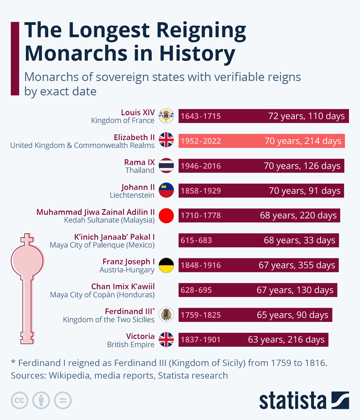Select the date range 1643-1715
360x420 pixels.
201,116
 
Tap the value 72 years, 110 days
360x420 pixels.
306,116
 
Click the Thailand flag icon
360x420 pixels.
166,166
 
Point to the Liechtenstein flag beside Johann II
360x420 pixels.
166,190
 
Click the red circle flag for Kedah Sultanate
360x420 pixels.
166,215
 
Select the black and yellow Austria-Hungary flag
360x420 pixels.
166,265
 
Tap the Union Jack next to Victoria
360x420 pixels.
166,340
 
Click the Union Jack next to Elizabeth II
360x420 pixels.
166,140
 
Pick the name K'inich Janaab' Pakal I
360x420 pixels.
114,237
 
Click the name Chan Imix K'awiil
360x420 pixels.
123,286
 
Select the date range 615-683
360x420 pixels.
196,240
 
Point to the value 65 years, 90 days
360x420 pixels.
292,315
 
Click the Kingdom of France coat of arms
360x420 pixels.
166,116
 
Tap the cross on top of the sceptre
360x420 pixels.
27,239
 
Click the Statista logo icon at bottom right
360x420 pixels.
340,400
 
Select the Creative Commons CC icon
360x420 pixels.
19,400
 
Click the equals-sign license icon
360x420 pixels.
63,400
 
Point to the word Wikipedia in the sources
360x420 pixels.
69,376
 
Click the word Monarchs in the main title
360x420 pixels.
76,53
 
